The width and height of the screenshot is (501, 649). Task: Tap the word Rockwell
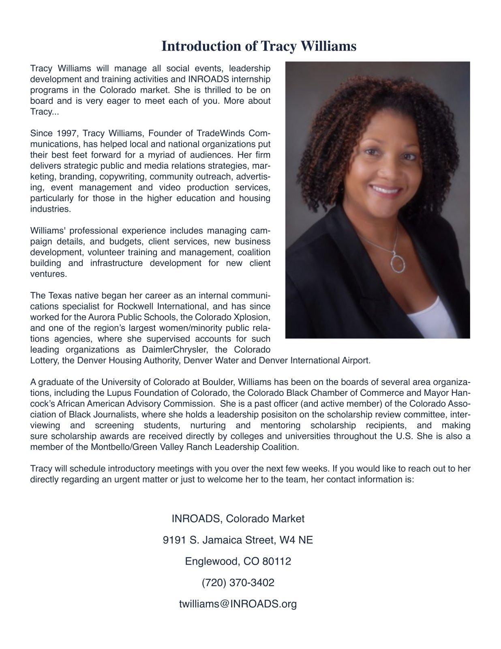133,306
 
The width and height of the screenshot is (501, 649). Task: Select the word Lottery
44,360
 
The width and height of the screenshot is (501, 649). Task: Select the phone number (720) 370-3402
238,583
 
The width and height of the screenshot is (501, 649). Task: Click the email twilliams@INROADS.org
238,604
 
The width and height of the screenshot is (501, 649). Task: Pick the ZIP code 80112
276,561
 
